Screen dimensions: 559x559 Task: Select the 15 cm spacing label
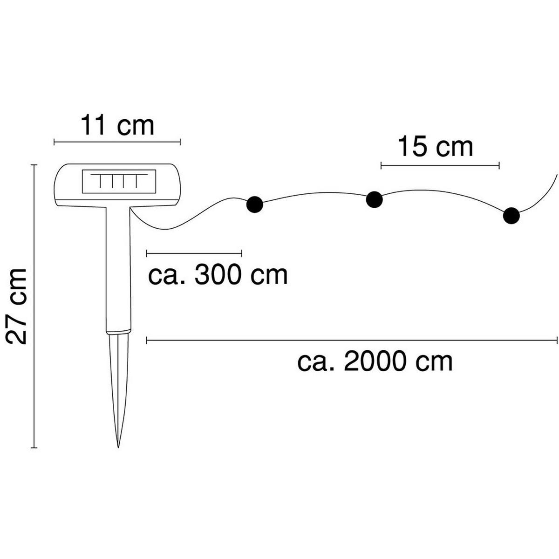(x=436, y=147)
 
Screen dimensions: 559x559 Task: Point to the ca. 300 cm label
(x=218, y=275)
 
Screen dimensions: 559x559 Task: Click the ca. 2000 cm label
(x=375, y=361)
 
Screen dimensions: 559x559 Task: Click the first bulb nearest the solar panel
(x=254, y=204)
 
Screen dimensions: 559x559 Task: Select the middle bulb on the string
(x=374, y=199)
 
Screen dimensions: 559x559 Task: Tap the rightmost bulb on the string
(x=511, y=216)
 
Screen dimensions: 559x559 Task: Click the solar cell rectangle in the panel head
(x=118, y=182)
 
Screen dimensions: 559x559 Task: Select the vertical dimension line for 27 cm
(x=34, y=306)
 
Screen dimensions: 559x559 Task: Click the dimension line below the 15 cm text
(x=440, y=165)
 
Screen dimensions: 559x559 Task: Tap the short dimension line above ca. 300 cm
(x=194, y=253)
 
